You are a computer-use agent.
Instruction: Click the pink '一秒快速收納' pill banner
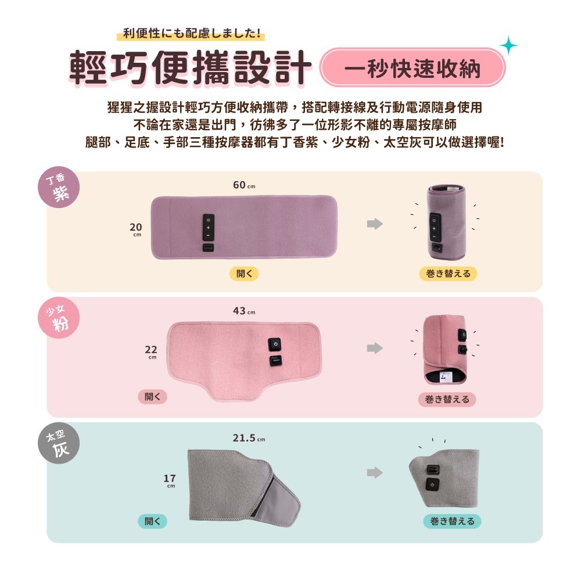413,68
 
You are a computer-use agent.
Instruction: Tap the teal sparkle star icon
508,45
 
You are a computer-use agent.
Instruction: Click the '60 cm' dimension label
243,185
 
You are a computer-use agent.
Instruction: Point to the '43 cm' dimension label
243,311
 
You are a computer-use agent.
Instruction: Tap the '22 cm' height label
151,352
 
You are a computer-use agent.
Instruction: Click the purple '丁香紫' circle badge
61,188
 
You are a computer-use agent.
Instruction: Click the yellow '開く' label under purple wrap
244,274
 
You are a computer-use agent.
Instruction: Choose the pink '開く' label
152,397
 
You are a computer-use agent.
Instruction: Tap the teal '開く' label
152,521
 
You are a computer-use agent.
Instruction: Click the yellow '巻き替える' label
447,274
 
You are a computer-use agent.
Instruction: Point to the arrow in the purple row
375,224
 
